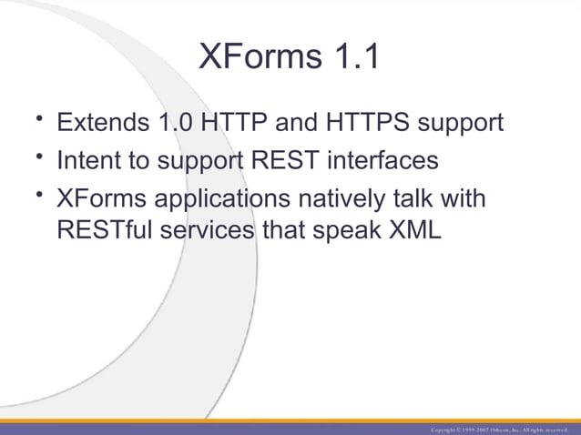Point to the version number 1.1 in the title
[x=353, y=57]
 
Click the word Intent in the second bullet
[x=87, y=160]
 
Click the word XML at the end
[x=415, y=230]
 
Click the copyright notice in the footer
[x=501, y=428]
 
